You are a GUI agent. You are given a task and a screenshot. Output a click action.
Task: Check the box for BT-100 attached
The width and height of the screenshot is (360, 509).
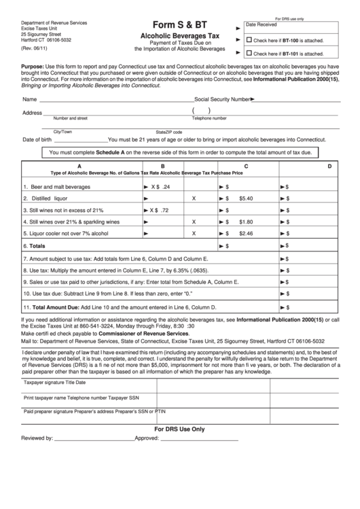pyautogui.click(x=249, y=39)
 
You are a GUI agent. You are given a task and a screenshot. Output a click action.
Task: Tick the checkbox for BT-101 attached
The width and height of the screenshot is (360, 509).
pyautogui.click(x=249, y=52)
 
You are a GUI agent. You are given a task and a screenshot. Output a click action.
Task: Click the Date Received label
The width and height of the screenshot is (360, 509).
pyautogui.click(x=262, y=24)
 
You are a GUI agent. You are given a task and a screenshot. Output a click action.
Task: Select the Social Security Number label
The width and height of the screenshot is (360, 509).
pyautogui.click(x=222, y=99)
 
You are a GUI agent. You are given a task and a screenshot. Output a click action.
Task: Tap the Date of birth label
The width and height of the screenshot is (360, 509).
pyautogui.click(x=37, y=139)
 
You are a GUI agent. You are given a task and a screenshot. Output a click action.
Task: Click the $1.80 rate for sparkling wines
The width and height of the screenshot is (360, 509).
pyautogui.click(x=246, y=222)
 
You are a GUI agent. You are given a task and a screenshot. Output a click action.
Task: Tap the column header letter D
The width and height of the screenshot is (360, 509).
pyautogui.click(x=329, y=166)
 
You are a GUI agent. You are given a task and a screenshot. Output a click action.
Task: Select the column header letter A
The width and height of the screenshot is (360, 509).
pyautogui.click(x=79, y=166)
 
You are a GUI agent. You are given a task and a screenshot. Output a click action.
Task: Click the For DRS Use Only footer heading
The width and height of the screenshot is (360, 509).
pyautogui.click(x=179, y=429)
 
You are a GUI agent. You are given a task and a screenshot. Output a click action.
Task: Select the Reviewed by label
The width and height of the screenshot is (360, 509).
pyautogui.click(x=37, y=438)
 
